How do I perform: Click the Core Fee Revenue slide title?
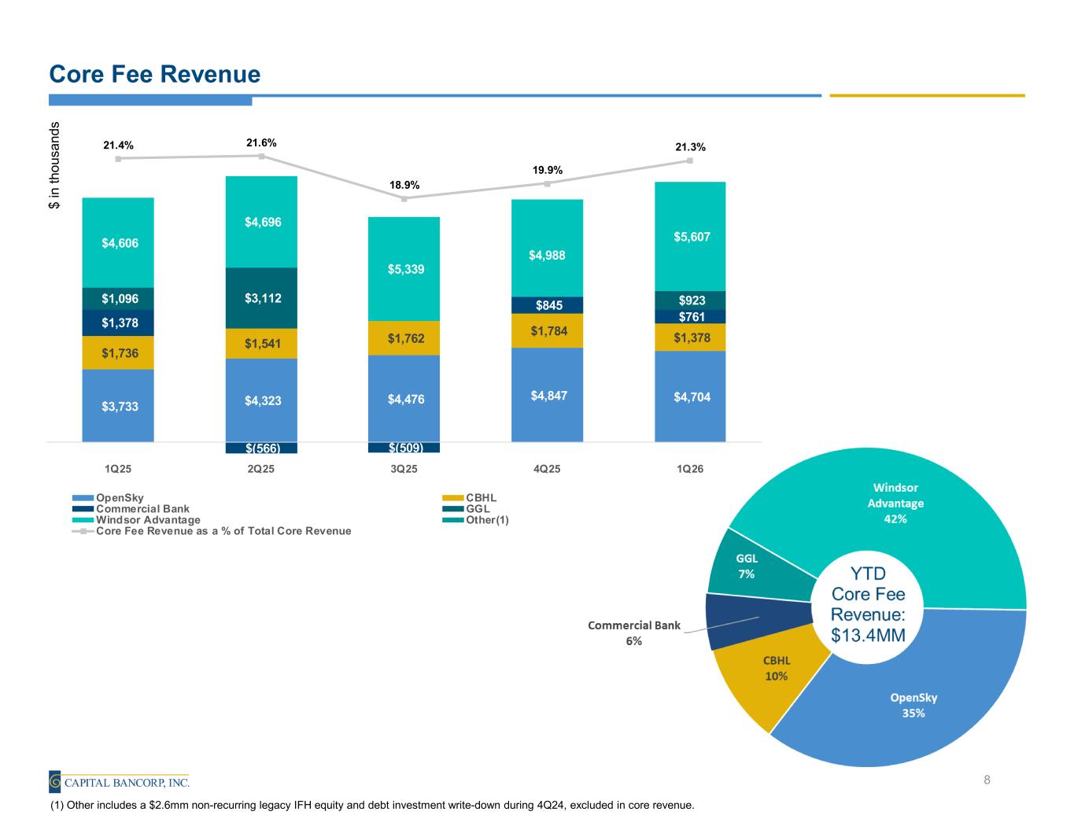tap(155, 74)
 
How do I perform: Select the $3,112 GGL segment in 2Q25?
tap(261, 298)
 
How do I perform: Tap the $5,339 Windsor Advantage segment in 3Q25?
tap(404, 269)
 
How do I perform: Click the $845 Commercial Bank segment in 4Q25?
tap(547, 304)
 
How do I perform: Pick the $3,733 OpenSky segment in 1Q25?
tap(118, 406)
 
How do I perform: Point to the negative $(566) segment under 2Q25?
tap(261, 448)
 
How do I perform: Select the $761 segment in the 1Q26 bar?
tap(690, 316)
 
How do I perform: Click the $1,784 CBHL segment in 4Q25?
tap(547, 330)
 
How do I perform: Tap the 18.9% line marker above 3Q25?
tap(404, 199)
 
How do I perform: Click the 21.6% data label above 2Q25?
tap(261, 142)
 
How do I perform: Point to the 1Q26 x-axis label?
tap(690, 469)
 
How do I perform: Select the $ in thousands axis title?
tap(54, 165)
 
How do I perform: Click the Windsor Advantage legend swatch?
tap(83, 520)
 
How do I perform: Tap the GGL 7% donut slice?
tap(756, 566)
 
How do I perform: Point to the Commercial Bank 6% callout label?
tap(634, 633)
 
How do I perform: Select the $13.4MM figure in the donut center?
tap(868, 635)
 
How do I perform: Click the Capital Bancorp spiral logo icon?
tap(55, 781)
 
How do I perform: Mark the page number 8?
tap(987, 780)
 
